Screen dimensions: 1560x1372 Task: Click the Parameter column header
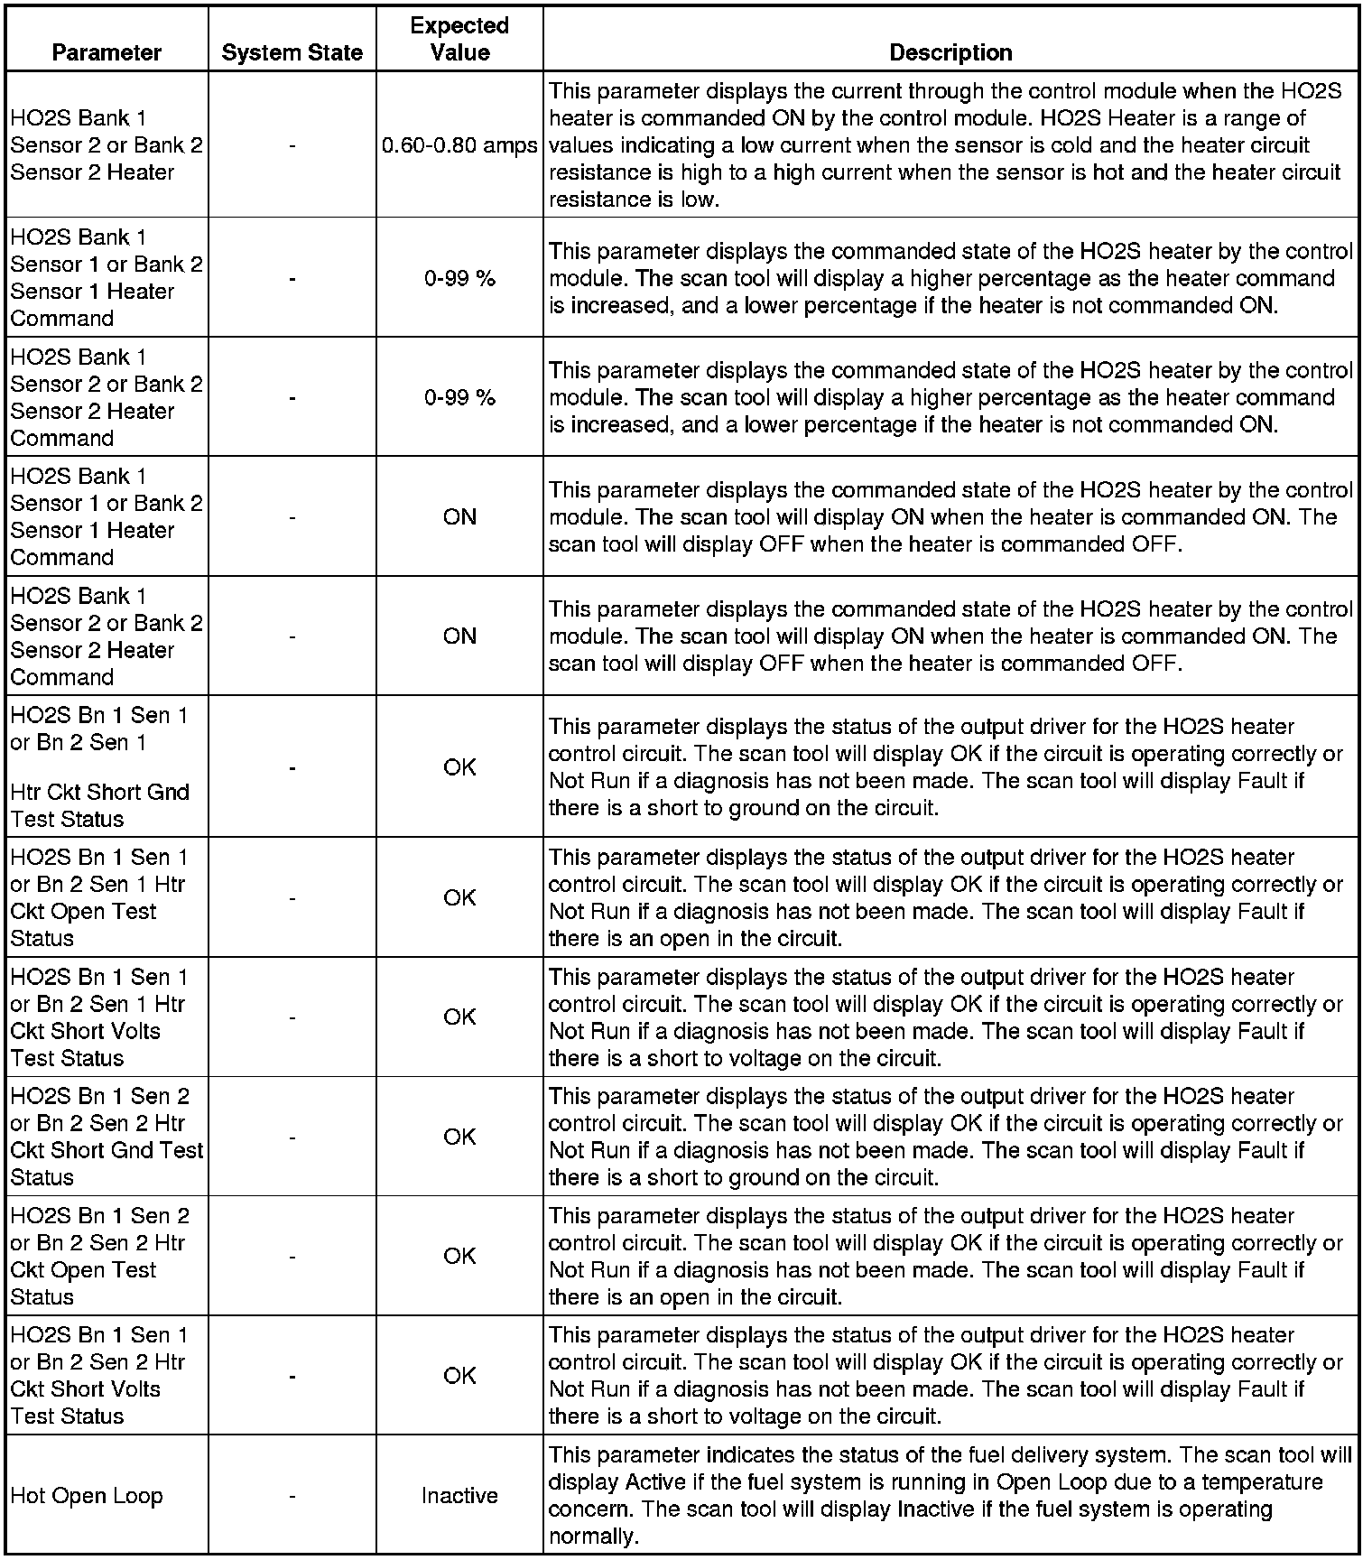coord(107,53)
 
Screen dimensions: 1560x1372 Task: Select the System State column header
coord(292,53)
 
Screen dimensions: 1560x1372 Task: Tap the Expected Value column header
coord(459,40)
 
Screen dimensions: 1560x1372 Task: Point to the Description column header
coord(950,53)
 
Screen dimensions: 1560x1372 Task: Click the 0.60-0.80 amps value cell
coord(459,145)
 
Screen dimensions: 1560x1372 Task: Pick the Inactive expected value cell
coord(459,1496)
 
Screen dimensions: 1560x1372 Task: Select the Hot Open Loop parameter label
coord(87,1496)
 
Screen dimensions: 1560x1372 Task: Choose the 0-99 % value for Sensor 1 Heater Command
coord(459,278)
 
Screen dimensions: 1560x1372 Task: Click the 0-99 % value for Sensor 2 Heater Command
coord(459,397)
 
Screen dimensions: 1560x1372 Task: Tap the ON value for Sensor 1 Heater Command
coord(459,516)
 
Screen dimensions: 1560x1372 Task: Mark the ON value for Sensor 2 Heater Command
coord(459,636)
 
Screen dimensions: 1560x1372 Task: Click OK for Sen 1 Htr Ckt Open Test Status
coord(459,897)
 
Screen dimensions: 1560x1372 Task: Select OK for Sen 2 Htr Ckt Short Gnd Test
coord(459,1137)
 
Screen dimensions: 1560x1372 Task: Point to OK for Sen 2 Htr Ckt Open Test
coord(459,1256)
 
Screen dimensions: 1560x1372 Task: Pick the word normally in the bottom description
coord(590,1537)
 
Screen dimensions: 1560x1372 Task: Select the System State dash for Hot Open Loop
coord(292,1496)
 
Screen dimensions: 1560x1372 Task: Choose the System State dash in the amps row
coord(292,145)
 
